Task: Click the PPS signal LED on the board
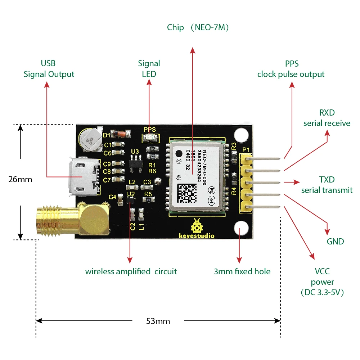[148, 137]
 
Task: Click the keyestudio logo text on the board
[197, 236]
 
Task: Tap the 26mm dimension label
[20, 179]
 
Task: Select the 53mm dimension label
[158, 321]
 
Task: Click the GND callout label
[335, 242]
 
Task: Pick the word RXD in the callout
[327, 113]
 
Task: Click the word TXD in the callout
[327, 179]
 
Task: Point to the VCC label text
[322, 271]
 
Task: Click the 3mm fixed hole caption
[242, 271]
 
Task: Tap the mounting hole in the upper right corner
[241, 135]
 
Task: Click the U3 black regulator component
[135, 162]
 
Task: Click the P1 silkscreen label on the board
[246, 150]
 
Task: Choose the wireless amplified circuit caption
[131, 271]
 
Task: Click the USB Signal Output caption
[49, 69]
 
